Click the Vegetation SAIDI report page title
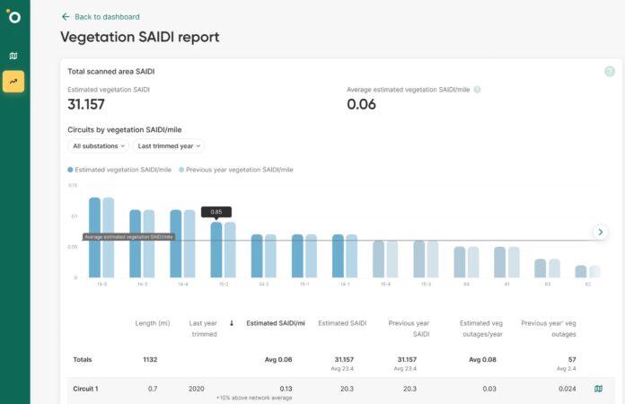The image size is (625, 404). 139,38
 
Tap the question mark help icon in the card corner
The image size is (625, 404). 610,72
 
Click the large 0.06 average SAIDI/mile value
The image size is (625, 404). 362,105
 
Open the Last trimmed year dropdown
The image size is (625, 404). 168,145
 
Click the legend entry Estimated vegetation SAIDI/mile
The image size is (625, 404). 119,170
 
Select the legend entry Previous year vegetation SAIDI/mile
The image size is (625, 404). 236,170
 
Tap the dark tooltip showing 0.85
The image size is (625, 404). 216,212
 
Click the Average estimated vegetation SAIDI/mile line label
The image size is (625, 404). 128,237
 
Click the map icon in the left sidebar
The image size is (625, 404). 13,56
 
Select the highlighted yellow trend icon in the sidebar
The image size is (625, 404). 13,82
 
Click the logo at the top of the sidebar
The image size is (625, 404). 13,17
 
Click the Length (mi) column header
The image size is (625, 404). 152,322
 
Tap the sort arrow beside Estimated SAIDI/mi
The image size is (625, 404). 233,322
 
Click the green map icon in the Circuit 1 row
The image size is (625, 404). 598,389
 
